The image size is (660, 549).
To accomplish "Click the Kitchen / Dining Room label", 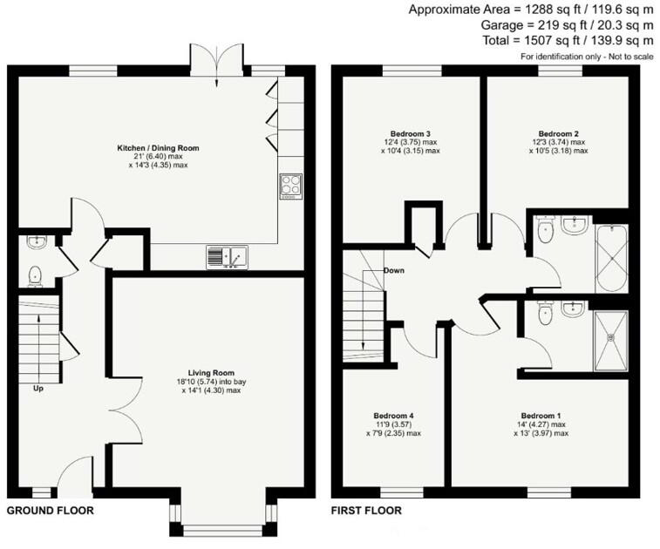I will click(x=158, y=148).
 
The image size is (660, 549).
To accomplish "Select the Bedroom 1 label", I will click(x=541, y=416).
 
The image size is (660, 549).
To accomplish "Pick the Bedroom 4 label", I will click(x=393, y=416).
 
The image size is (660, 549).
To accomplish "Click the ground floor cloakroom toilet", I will click(x=36, y=275).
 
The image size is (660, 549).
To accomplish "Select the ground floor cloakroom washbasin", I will click(x=35, y=241).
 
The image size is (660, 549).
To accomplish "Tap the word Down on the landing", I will click(x=394, y=271).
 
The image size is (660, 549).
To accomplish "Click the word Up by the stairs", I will click(x=38, y=389).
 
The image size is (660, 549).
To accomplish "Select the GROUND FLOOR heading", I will click(x=50, y=511).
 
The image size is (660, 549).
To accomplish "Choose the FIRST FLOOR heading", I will click(x=367, y=511).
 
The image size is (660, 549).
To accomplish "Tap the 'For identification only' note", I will click(x=586, y=57).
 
